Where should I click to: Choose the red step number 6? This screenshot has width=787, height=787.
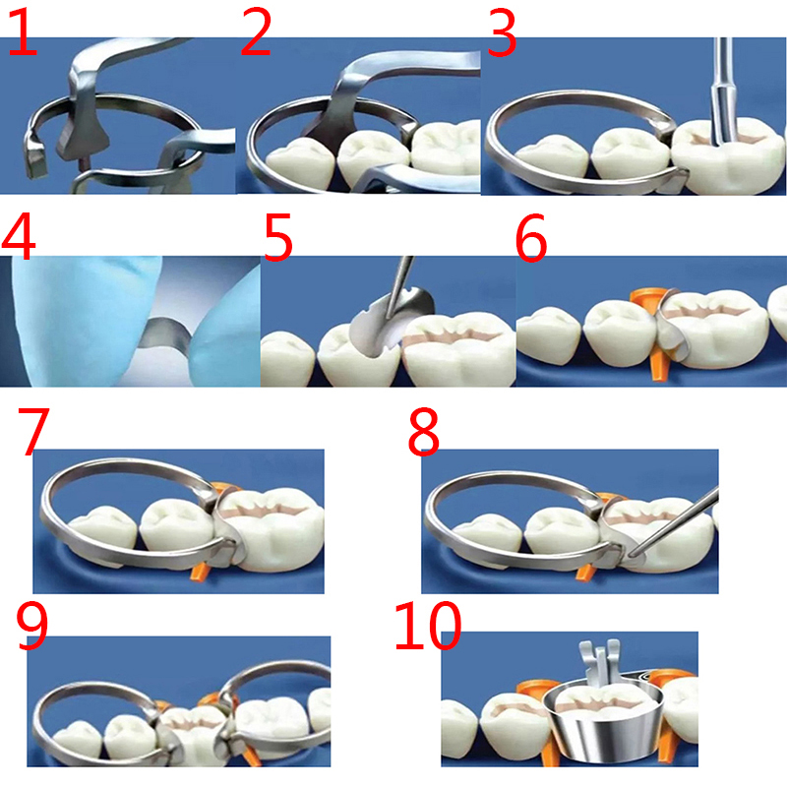point(531,237)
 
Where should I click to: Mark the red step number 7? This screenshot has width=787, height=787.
point(33,431)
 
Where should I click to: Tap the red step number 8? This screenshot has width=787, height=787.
point(424,432)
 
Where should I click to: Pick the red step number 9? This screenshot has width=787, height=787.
point(32,625)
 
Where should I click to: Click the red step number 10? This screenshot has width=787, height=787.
point(428,627)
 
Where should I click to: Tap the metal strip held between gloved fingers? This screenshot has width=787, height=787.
point(165,333)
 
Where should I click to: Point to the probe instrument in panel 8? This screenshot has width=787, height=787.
point(673,523)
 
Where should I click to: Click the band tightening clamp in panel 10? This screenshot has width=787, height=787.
point(599,661)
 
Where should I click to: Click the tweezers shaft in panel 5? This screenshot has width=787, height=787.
point(400,286)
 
